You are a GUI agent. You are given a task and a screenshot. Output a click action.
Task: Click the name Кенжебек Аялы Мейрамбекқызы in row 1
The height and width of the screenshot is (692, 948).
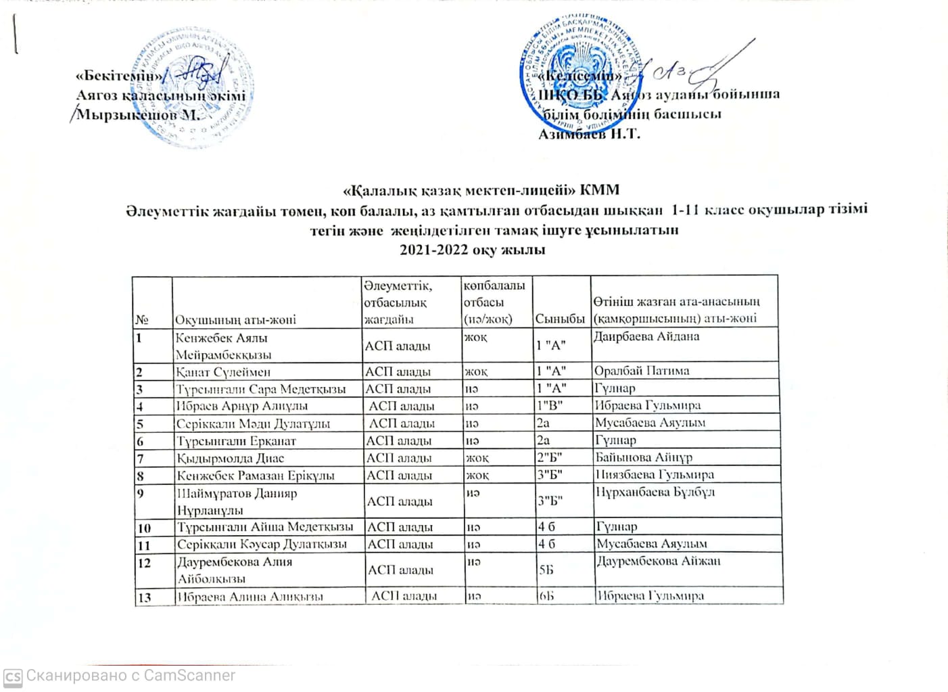tap(223, 346)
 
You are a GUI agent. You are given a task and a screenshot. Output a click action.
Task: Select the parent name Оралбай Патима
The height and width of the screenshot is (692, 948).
tap(642, 371)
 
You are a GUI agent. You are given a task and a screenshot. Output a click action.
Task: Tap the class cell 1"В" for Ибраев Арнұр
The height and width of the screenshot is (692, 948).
tap(549, 406)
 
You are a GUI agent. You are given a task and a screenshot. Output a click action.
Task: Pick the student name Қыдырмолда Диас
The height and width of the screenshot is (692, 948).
tap(231, 458)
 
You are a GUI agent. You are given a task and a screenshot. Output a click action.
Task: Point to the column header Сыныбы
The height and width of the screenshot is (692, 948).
tap(560, 319)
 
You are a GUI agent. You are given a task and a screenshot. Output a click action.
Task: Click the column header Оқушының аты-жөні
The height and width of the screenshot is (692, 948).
tap(235, 319)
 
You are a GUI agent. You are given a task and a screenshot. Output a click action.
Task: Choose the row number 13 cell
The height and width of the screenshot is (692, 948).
tap(144, 597)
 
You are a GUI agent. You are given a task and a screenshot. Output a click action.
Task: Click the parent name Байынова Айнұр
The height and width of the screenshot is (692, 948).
tap(644, 458)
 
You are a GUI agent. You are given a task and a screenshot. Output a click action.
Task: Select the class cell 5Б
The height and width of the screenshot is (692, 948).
tap(546, 570)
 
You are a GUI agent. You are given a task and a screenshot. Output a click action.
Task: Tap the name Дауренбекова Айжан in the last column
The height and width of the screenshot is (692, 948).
tap(659, 561)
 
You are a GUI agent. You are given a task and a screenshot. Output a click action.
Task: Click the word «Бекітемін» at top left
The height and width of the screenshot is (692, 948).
tap(119, 76)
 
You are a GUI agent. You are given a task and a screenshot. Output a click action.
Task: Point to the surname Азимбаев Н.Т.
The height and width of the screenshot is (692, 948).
tap(588, 134)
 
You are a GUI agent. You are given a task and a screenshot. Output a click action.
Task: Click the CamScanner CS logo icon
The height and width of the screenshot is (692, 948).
tap(13, 676)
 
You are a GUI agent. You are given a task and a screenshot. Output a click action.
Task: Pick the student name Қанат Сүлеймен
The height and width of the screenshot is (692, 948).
tap(223, 371)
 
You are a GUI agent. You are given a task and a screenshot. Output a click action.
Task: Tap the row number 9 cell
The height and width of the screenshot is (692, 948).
tap(141, 493)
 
